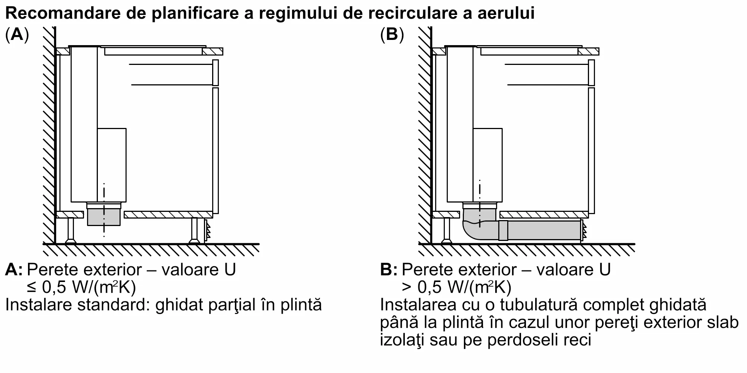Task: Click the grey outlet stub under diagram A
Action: pyautogui.click(x=103, y=218)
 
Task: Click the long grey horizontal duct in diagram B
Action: pyautogui.click(x=544, y=230)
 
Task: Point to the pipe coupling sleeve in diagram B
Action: pyautogui.click(x=503, y=230)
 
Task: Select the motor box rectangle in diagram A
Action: pyautogui.click(x=112, y=164)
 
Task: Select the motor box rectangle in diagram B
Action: pyautogui.click(x=488, y=164)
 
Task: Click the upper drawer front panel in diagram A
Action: pyautogui.click(x=215, y=72)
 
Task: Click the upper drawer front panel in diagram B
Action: pyautogui.click(x=591, y=72)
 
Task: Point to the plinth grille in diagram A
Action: pyautogui.click(x=207, y=231)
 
